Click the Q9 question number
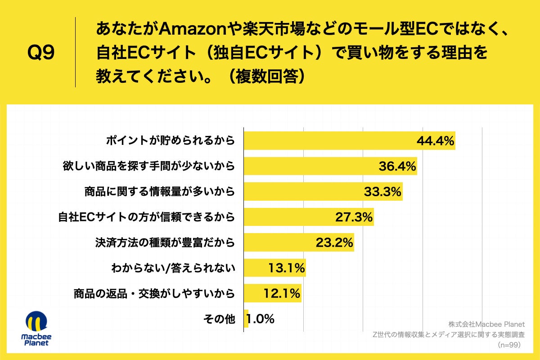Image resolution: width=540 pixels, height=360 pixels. coord(41,53)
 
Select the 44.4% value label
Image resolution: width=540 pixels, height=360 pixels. coord(435,141)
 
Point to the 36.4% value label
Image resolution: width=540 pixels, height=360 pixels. coord(396,166)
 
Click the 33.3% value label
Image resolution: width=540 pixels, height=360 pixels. coord(382,192)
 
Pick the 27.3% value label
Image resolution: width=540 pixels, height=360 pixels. coord(354,217)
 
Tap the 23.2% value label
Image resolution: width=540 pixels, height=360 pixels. coord(334,243)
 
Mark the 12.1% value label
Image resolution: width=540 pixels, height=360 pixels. coord(282,294)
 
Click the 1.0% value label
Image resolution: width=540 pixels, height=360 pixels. coord(261,319)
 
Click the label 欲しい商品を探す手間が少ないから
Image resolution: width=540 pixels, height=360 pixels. coord(148,166)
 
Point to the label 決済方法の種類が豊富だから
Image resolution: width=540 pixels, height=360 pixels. coord(165,243)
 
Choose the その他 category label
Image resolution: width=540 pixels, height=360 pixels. coord(219,319)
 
